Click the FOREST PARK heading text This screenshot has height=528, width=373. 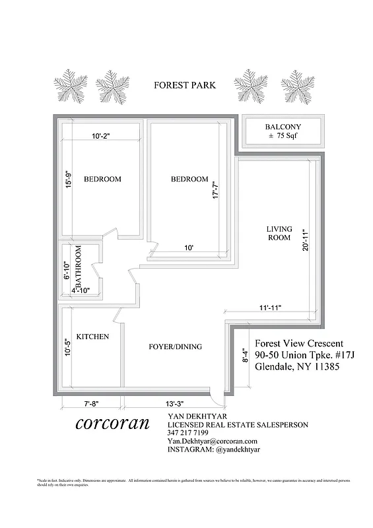[x=184, y=85]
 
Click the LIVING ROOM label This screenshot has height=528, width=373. [x=278, y=234]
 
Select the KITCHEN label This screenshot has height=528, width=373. [x=92, y=337]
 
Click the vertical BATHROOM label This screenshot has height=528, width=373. [x=79, y=269]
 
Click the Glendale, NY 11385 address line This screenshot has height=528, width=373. [x=297, y=367]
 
